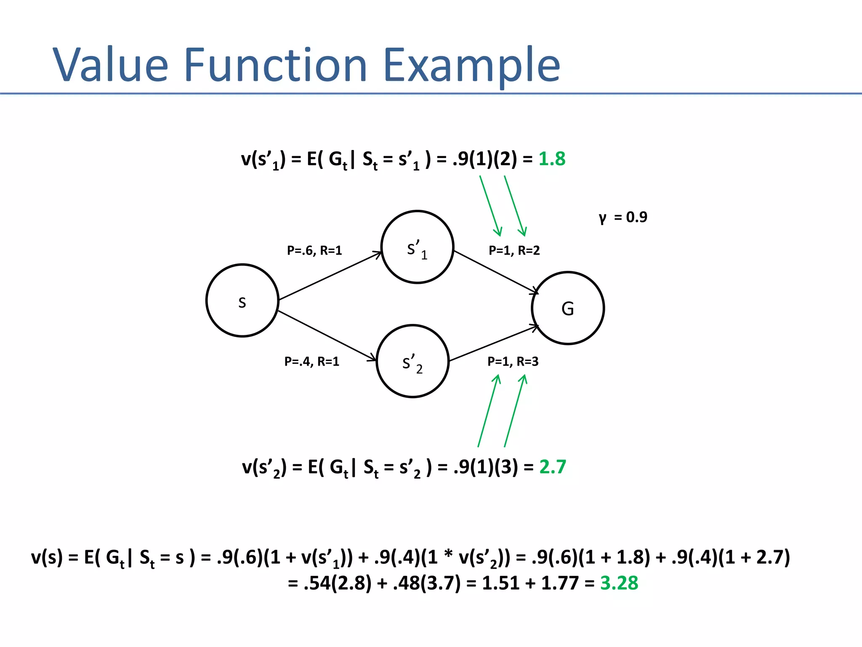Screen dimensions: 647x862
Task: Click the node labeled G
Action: [x=568, y=308]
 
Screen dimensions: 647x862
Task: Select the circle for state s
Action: [x=242, y=301]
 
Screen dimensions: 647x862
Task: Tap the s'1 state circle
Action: [x=417, y=247]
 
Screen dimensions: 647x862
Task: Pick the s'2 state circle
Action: [x=412, y=361]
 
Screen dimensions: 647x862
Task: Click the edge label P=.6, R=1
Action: [x=314, y=251]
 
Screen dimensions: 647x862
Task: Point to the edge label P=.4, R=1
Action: [x=311, y=361]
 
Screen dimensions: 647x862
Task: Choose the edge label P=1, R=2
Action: [x=514, y=251]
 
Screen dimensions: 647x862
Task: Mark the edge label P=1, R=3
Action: [x=513, y=361]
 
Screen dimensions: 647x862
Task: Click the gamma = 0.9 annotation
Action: [x=623, y=217]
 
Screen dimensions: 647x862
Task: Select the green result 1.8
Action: [x=552, y=159]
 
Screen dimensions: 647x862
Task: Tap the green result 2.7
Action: [x=553, y=467]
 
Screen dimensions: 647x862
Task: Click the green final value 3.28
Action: [x=619, y=583]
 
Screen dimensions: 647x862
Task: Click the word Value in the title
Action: [x=110, y=65]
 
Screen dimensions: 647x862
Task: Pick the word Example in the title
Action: [x=472, y=65]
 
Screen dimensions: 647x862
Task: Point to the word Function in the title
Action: [x=276, y=65]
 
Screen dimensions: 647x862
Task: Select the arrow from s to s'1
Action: [x=330, y=276]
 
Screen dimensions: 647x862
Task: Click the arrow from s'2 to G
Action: [x=493, y=343]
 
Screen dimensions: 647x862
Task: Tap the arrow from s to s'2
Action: [x=327, y=336]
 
